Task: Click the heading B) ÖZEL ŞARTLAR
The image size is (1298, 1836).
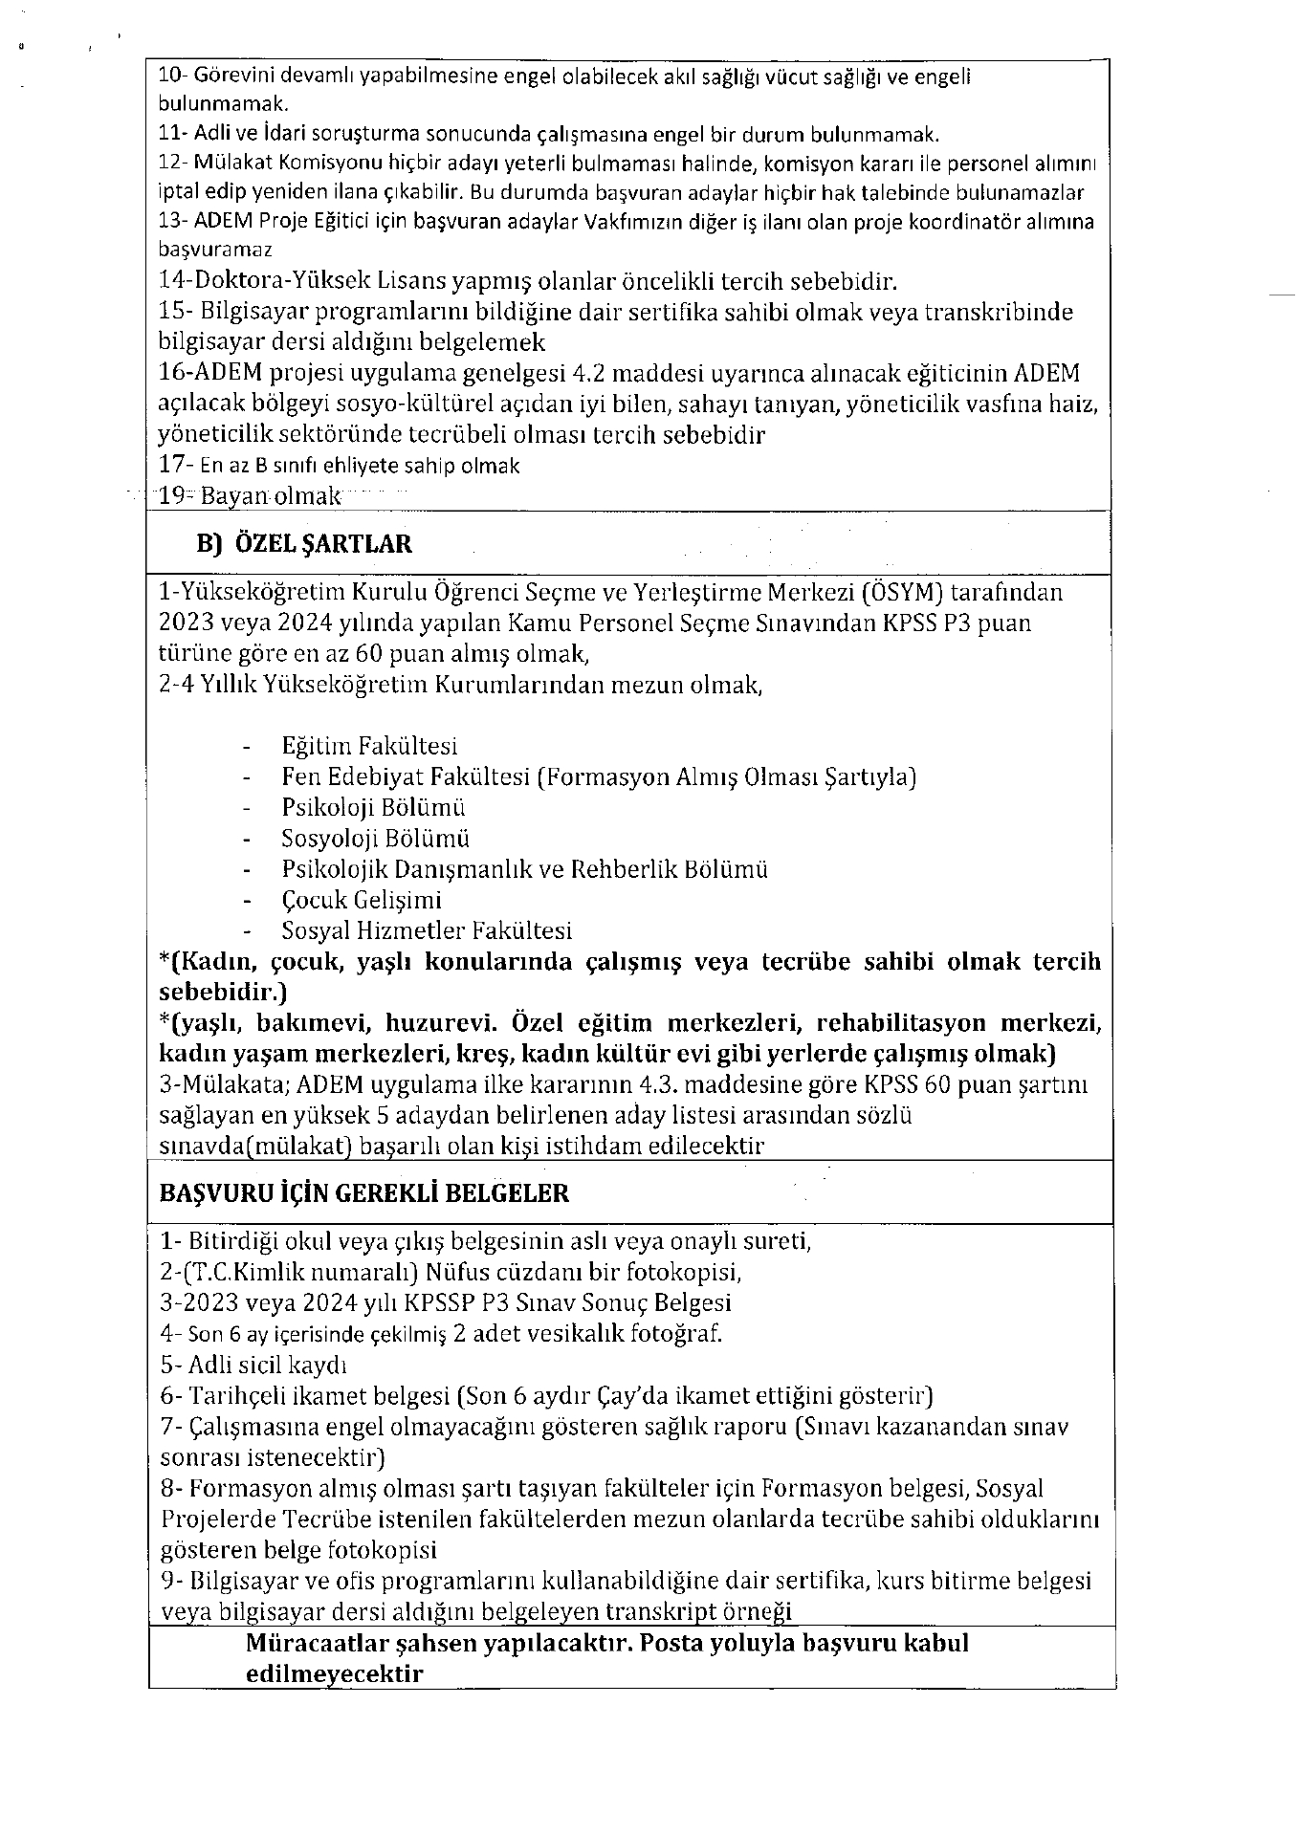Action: (304, 544)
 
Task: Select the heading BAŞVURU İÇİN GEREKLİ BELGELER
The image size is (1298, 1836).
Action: (363, 1192)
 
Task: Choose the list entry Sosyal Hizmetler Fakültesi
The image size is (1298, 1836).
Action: (427, 930)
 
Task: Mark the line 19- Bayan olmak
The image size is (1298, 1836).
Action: (250, 496)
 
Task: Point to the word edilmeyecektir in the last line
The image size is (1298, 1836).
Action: (334, 1674)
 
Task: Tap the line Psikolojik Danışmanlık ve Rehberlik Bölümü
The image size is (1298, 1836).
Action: (524, 869)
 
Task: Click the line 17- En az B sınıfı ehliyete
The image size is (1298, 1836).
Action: (340, 466)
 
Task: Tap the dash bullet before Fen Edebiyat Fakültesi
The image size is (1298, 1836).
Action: (249, 777)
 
